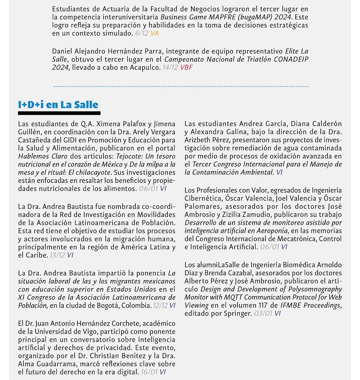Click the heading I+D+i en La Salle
(58, 104)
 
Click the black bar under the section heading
(59, 113)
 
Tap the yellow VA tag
(155, 33)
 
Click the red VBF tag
(187, 68)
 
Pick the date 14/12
(170, 68)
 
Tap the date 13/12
(57, 255)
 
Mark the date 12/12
(158, 305)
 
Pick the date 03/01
(263, 313)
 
